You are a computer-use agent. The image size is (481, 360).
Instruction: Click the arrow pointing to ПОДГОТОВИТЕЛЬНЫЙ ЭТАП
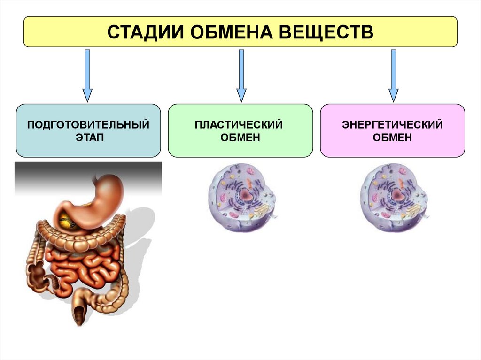click(x=87, y=75)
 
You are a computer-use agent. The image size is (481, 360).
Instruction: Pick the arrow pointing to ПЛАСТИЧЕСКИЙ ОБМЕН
click(x=241, y=75)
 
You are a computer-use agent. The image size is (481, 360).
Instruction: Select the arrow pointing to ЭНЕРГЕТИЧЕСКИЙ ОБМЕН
click(x=393, y=75)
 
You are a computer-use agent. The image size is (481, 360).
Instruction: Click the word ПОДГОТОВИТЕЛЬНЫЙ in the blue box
click(x=88, y=125)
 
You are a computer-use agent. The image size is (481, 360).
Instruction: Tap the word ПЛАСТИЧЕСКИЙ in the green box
click(x=240, y=125)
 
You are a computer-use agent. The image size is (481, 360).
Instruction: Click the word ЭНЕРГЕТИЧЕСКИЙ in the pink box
click(x=393, y=125)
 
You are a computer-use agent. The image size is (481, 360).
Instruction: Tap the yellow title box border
click(x=240, y=17)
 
